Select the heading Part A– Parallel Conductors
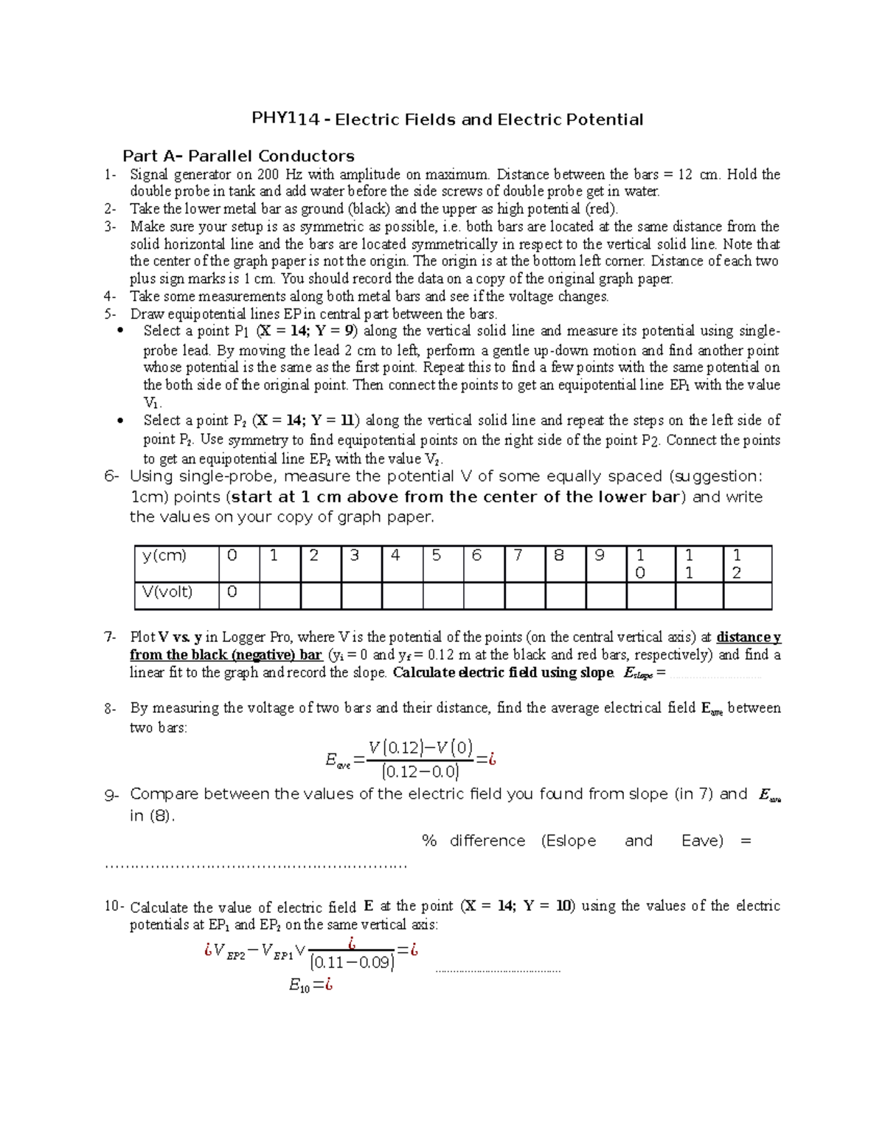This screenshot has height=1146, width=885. point(238,156)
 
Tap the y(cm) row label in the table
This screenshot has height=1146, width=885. point(164,556)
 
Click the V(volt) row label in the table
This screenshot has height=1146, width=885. point(167,592)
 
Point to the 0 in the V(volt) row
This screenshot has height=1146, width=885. point(232,592)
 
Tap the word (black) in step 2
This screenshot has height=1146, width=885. point(369,209)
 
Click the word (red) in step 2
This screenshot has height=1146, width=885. point(600,209)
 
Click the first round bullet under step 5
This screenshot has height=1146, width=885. point(121,331)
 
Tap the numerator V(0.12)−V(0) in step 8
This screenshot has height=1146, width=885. point(420,748)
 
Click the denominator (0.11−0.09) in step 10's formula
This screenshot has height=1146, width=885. point(352,962)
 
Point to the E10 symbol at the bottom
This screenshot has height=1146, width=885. point(299,985)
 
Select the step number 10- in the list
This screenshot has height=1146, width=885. point(114,907)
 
